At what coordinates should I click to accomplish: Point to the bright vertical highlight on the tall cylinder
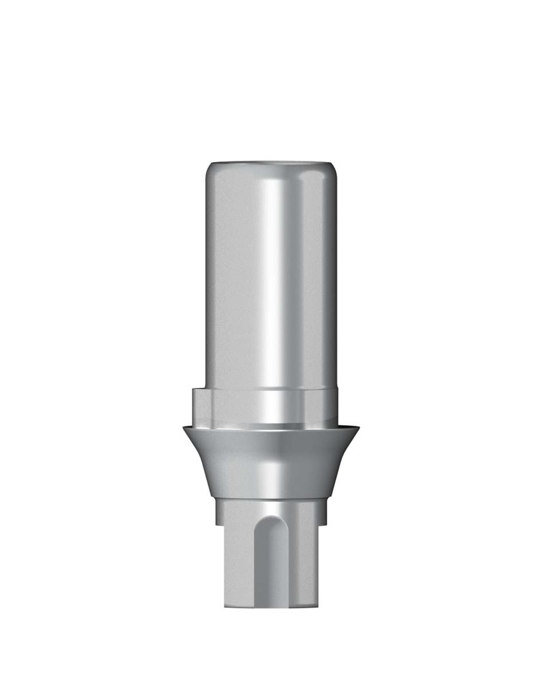pyautogui.click(x=271, y=278)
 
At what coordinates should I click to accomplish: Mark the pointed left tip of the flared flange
pyautogui.click(x=184, y=429)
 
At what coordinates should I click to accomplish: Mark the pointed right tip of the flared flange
pyautogui.click(x=359, y=429)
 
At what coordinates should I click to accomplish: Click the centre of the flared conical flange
pyautogui.click(x=271, y=463)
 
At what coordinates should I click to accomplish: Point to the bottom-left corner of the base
pyautogui.click(x=226, y=605)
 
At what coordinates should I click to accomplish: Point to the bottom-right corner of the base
pyautogui.click(x=319, y=605)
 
